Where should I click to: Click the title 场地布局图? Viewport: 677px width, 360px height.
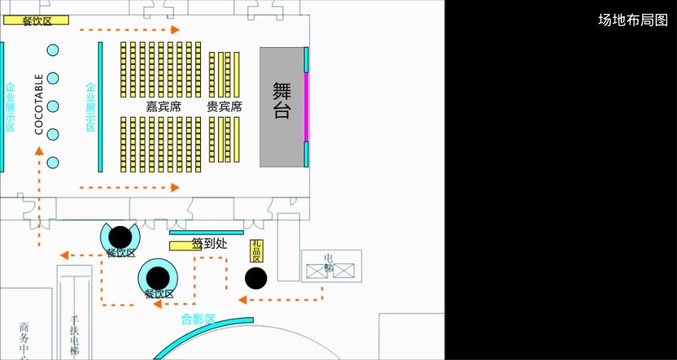click(633, 20)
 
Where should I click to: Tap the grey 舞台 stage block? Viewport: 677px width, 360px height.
click(281, 107)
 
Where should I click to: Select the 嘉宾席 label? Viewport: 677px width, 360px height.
click(163, 107)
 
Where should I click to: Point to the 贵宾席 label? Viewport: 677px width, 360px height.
click(224, 107)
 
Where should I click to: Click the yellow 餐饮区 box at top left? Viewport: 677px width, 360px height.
click(36, 20)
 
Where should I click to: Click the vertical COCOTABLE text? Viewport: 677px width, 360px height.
click(39, 104)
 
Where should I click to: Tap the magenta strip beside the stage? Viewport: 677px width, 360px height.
click(306, 107)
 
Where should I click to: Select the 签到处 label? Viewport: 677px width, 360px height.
click(209, 244)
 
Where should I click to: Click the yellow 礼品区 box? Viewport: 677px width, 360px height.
click(257, 250)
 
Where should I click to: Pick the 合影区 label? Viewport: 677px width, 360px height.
click(198, 319)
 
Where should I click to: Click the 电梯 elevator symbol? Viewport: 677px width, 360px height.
click(330, 270)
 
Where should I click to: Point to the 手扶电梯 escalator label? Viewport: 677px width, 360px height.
click(74, 335)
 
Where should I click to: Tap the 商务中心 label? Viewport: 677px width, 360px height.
click(24, 340)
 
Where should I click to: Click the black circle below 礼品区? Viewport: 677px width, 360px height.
click(256, 278)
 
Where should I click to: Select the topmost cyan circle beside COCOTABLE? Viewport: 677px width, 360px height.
click(53, 50)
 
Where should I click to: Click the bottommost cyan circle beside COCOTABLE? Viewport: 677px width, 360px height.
click(53, 163)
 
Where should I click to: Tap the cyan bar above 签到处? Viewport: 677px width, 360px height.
click(206, 232)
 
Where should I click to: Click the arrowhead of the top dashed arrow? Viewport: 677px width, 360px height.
click(175, 30)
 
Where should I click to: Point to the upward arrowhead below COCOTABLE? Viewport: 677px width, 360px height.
click(39, 150)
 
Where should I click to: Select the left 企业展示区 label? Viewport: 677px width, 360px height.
click(10, 107)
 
